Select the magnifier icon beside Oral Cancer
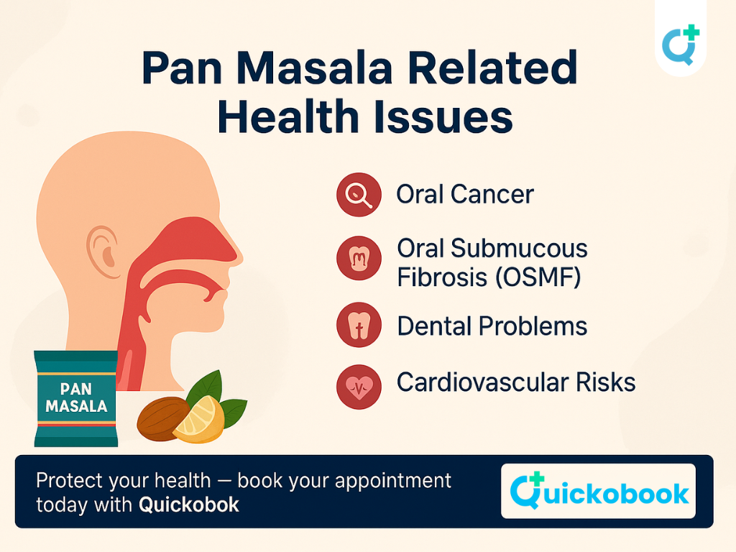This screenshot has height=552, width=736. point(358,194)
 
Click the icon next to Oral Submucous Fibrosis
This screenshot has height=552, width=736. point(358,257)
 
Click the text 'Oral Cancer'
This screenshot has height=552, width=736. point(465,194)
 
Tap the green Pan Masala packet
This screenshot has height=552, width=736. point(75,399)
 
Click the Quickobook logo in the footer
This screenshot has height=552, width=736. point(598,491)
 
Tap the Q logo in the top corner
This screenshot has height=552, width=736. point(679,44)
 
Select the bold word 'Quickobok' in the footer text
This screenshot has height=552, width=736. point(188,505)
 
